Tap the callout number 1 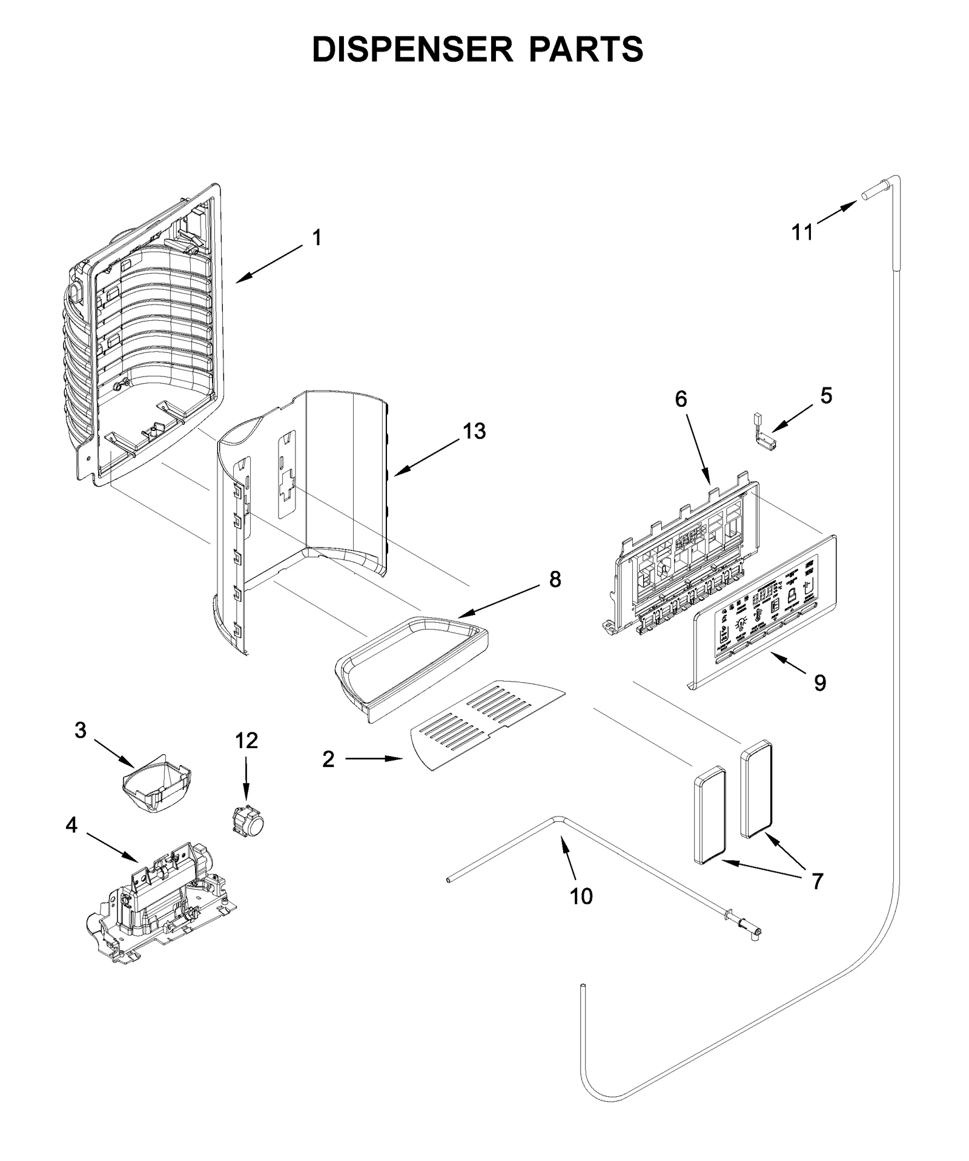coord(316,238)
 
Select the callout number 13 coord(474,432)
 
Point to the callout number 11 coord(803,232)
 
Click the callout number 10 coord(581,896)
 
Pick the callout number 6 coord(681,399)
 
